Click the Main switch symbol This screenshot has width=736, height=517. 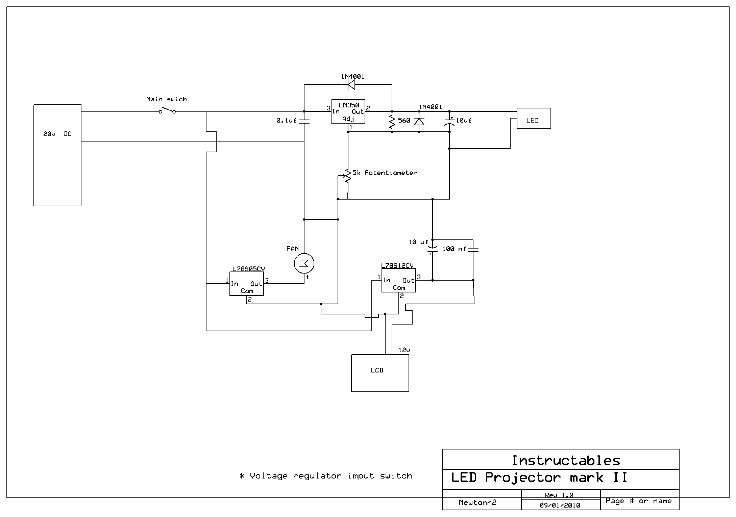click(167, 110)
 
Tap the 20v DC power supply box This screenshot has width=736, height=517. click(57, 155)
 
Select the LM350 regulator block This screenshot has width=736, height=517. click(348, 111)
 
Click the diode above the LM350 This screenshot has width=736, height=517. click(351, 84)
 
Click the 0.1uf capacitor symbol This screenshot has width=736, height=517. click(304, 121)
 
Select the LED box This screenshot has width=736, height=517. click(534, 118)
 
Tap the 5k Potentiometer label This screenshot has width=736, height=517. click(385, 173)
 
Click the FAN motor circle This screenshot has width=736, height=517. click(304, 263)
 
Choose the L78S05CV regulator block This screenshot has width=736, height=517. click(246, 284)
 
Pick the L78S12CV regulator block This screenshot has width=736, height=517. click(398, 280)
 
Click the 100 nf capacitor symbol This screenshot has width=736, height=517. click(473, 249)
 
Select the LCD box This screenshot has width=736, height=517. click(380, 373)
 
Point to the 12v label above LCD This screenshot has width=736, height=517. click(404, 350)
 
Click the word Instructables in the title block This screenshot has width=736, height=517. click(566, 461)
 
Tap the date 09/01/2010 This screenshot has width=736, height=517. click(560, 505)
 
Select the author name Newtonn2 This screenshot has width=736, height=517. click(477, 502)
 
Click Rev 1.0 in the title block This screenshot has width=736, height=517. click(559, 495)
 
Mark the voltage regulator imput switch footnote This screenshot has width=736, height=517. click(326, 476)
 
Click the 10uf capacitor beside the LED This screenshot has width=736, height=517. click(449, 122)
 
